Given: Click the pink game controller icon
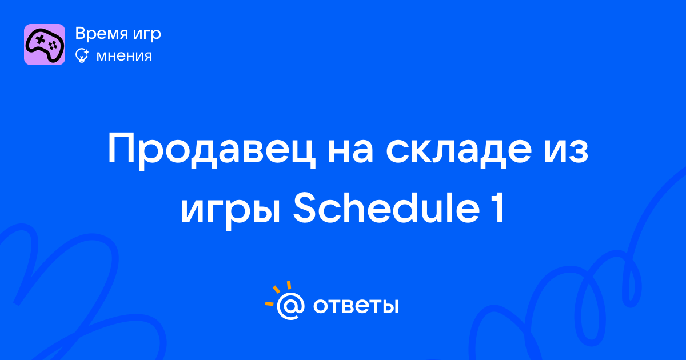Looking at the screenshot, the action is coord(45,45).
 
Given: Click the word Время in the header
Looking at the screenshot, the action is coord(101,33).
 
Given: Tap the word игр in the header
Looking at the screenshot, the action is coord(147,35).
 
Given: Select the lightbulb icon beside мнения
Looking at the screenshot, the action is coord(82,55).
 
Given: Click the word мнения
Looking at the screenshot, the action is coord(124,56).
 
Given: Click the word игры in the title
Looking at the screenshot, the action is coord(230,213).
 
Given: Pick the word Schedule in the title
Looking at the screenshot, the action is coord(386,207).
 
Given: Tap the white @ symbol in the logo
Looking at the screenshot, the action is coord(291,306).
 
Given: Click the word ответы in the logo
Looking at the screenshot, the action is coord(356,306).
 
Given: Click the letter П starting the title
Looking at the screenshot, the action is coord(122,149).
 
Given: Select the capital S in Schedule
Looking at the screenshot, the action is coord(305,207).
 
